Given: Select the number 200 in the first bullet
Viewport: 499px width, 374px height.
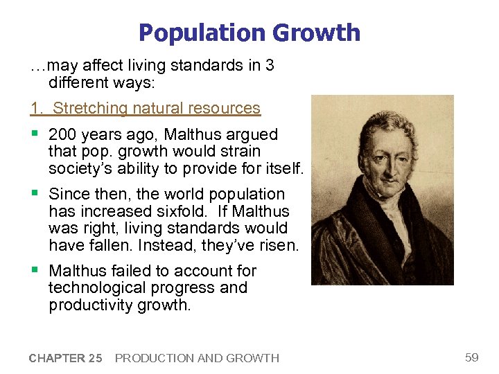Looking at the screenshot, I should point(62,134).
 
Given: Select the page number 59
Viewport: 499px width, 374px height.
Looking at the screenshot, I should point(472,357).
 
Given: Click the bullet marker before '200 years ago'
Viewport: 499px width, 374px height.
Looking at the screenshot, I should point(34,134).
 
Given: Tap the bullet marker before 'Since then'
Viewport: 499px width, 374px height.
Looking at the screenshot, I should point(34,194).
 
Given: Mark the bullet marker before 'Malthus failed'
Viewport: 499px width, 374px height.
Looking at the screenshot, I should point(34,270).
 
